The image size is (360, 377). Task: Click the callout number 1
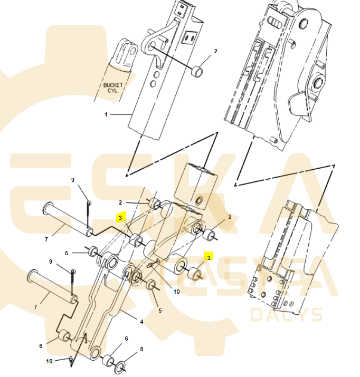click(106, 115)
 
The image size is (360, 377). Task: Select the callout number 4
click(141, 322)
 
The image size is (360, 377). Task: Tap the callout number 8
click(142, 349)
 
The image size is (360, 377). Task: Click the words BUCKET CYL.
click(113, 88)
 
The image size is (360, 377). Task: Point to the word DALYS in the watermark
click(286, 314)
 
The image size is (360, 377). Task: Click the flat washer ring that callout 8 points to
click(120, 366)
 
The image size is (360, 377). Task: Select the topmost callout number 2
click(215, 51)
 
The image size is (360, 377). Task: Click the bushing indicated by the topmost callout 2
click(197, 71)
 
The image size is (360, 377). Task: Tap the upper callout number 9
click(73, 180)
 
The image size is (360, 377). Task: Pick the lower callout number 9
click(51, 262)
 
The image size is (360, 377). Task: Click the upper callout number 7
click(46, 239)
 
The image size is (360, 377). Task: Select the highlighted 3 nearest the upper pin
click(120, 218)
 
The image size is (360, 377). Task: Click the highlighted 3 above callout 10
click(209, 257)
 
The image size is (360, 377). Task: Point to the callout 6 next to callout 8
click(126, 339)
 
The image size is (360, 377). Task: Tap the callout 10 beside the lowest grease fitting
click(49, 361)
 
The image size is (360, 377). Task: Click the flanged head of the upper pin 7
click(48, 209)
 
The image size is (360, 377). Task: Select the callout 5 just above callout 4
click(160, 311)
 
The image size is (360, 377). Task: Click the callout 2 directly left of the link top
click(120, 202)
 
